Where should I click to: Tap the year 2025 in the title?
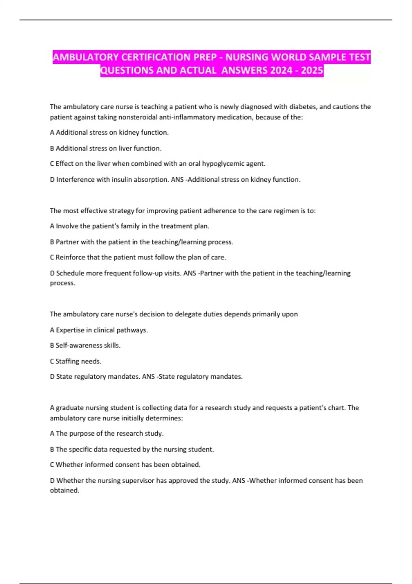click(312, 70)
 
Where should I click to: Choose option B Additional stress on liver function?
click(106, 148)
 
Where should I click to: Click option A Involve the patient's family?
click(129, 226)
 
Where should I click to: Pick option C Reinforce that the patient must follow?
click(138, 257)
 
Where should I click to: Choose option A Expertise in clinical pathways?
click(99, 330)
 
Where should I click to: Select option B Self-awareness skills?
click(85, 346)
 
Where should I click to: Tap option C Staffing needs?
click(76, 361)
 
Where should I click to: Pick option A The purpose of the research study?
click(106, 434)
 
